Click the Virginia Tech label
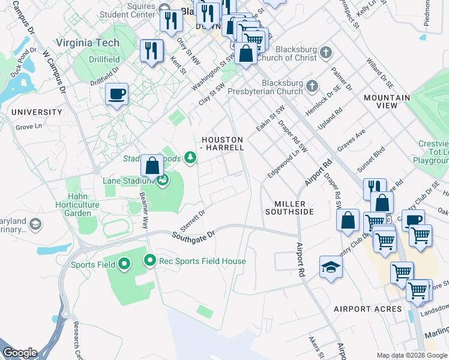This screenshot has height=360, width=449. point(87,43)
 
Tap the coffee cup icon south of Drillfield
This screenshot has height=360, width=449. point(116,94)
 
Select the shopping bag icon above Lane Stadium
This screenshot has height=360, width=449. point(152,166)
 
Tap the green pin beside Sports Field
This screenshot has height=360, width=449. point(124,263)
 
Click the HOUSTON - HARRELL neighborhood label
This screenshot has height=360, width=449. point(222,143)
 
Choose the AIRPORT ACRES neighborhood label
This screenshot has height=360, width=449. point(368,309)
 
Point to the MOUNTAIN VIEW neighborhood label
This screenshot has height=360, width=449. point(387,101)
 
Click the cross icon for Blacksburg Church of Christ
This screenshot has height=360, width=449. point(326,52)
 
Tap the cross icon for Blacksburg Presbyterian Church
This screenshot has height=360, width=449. point(312,86)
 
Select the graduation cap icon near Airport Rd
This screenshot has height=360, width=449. point(331,267)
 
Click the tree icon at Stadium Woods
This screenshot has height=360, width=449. point(190,157)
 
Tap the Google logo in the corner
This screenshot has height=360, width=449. point(20,353)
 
